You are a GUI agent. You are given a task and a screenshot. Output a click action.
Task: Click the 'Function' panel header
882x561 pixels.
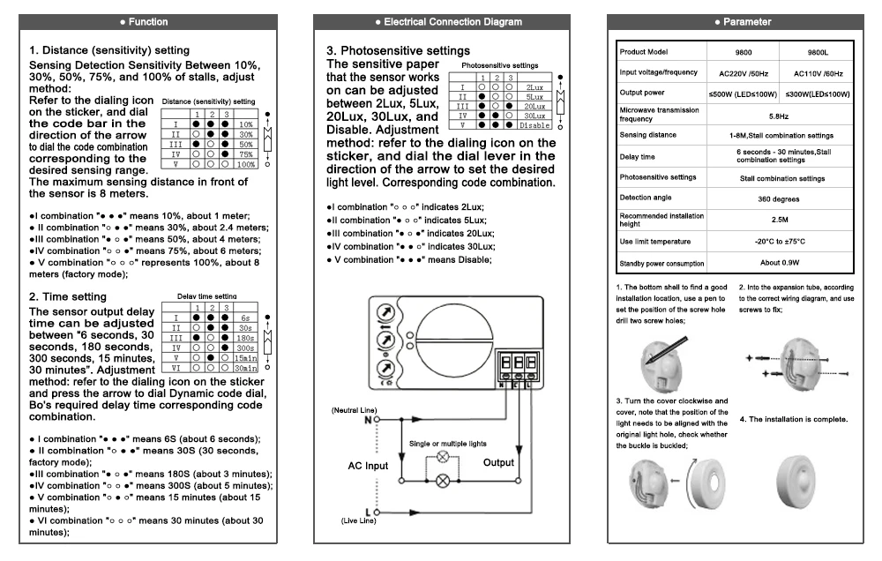tap(148, 22)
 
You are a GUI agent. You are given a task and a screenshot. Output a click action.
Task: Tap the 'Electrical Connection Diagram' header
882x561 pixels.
tap(442, 22)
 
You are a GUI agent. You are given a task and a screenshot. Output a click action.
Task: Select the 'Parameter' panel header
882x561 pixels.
tap(736, 22)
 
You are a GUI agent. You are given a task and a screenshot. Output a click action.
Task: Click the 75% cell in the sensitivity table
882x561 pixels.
tap(246, 154)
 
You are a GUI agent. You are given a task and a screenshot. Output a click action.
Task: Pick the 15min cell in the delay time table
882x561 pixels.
tap(246, 358)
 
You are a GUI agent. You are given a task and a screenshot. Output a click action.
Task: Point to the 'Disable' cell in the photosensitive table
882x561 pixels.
tap(534, 125)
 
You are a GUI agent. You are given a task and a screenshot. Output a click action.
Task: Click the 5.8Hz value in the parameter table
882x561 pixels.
tap(779, 116)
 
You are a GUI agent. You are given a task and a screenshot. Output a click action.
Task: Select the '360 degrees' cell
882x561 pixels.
tap(779, 199)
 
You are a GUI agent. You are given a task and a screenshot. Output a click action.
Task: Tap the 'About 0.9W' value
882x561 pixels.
tap(780, 263)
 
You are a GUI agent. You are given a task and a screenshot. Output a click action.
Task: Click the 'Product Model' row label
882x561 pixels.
tap(644, 52)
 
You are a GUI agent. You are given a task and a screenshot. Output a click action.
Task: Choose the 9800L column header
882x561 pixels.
tap(818, 52)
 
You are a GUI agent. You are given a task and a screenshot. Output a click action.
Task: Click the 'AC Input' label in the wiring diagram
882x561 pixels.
tap(368, 466)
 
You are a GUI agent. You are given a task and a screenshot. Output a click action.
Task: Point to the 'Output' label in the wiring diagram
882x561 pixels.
tap(498, 462)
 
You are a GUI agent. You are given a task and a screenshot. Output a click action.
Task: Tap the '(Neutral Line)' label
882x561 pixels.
tap(355, 410)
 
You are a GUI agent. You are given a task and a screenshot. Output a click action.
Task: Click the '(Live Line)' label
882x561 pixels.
tap(358, 521)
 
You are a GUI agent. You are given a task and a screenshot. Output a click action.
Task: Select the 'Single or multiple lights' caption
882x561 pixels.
tap(448, 444)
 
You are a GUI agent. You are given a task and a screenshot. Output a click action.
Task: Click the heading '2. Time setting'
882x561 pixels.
tap(68, 296)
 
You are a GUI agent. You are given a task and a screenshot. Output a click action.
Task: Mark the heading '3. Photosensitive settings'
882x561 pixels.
tap(399, 50)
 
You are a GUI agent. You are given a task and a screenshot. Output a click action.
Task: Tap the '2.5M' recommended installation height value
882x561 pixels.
tap(780, 220)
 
